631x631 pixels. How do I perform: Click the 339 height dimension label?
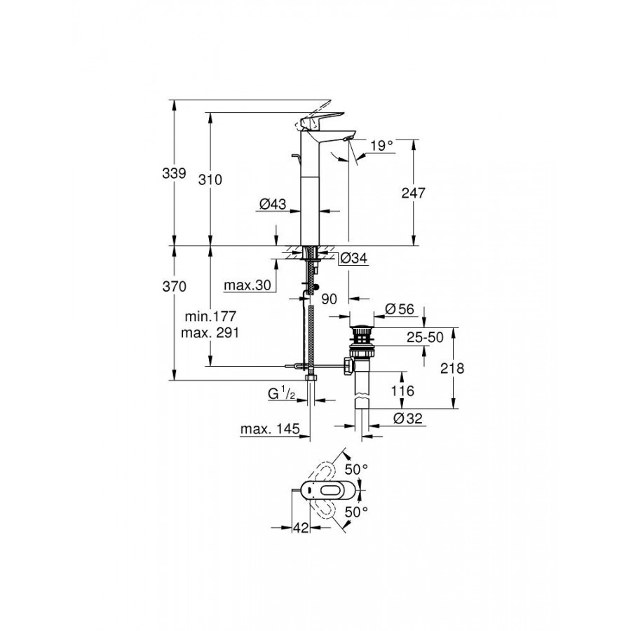(175, 173)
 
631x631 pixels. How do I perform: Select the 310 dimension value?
(210, 179)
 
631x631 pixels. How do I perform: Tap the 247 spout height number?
(413, 193)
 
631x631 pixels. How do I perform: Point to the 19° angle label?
(381, 145)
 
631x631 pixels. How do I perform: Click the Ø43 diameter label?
(273, 205)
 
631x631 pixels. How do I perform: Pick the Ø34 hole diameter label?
(354, 258)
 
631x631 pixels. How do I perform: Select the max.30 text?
(247, 285)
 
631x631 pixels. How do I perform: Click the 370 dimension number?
(175, 287)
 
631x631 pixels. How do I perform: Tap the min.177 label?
(210, 316)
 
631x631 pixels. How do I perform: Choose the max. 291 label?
(210, 333)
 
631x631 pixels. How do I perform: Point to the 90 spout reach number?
(330, 299)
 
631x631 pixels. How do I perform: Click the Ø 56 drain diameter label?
(399, 309)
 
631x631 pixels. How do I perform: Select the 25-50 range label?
(425, 337)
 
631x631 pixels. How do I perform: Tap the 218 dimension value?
(452, 368)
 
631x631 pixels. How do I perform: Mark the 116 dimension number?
(402, 391)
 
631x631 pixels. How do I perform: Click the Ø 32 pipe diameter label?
(408, 419)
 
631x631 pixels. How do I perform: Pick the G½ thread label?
(282, 393)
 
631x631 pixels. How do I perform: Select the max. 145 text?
(270, 429)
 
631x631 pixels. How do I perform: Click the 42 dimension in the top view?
(301, 527)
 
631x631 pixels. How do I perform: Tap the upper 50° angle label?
(357, 469)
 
